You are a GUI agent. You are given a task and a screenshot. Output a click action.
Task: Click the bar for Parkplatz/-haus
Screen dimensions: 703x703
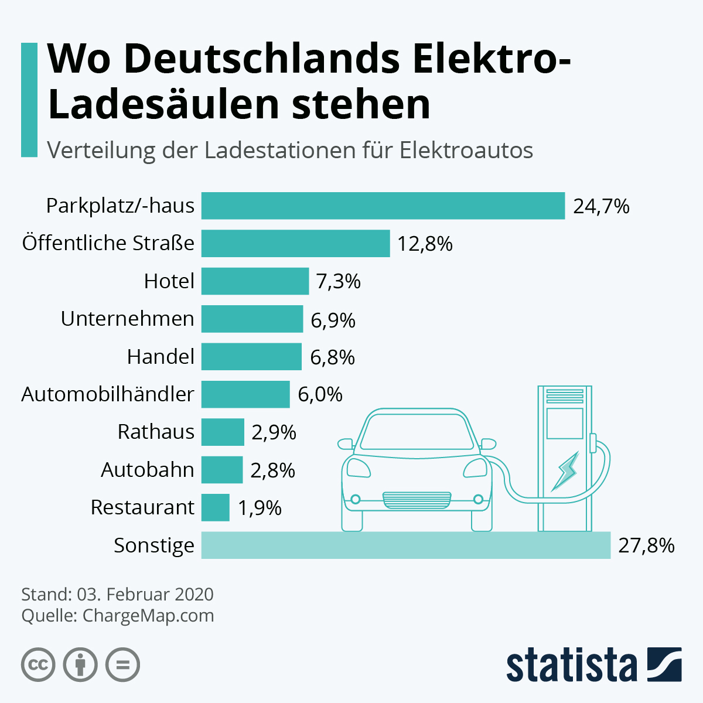click(x=383, y=206)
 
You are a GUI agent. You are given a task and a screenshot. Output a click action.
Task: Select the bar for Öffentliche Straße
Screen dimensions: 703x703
click(x=295, y=243)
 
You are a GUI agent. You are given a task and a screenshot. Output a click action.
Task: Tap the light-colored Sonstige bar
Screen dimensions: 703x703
click(x=405, y=545)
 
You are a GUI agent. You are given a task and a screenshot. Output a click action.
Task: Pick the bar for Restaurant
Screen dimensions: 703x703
click(x=215, y=507)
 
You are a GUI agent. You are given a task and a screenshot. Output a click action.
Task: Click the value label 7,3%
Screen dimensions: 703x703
click(x=338, y=282)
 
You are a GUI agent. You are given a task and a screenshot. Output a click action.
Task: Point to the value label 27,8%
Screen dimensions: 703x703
click(x=646, y=545)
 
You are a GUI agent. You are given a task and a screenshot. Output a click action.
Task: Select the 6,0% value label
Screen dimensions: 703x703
click(x=320, y=394)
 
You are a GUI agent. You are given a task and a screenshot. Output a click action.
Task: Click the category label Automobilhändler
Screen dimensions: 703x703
click(x=108, y=394)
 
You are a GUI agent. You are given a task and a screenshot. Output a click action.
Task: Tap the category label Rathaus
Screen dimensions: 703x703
click(x=156, y=432)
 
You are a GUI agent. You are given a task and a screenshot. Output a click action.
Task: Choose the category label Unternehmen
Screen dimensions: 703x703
click(x=127, y=319)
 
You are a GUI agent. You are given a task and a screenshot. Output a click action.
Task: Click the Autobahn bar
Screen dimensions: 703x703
click(x=221, y=470)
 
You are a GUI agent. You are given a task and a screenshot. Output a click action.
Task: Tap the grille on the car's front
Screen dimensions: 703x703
click(x=417, y=499)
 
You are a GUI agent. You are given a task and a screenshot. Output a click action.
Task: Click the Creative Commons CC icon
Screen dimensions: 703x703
click(x=38, y=665)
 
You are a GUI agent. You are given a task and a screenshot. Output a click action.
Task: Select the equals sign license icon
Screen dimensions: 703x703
click(x=122, y=665)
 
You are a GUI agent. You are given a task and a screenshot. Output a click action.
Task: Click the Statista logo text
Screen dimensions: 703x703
click(x=571, y=665)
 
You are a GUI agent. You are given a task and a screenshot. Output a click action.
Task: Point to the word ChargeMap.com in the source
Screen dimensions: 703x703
click(x=148, y=616)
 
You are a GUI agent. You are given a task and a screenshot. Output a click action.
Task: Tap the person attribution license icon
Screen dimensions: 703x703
click(x=80, y=665)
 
